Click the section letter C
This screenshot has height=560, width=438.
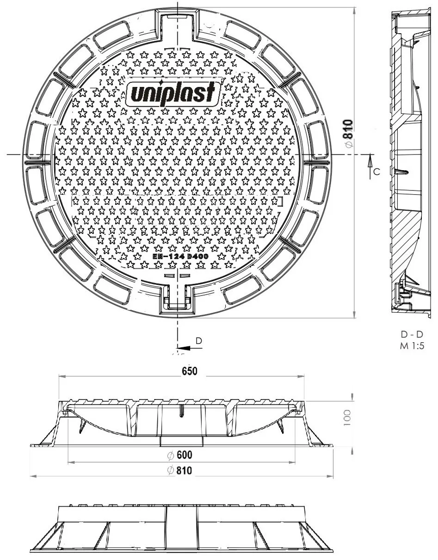[x=376, y=172]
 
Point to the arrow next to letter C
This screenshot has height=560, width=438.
[x=370, y=161]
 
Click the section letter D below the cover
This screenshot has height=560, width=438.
[x=198, y=341]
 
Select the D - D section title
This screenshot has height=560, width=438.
[x=412, y=334]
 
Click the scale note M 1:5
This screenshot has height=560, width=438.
[x=412, y=345]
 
